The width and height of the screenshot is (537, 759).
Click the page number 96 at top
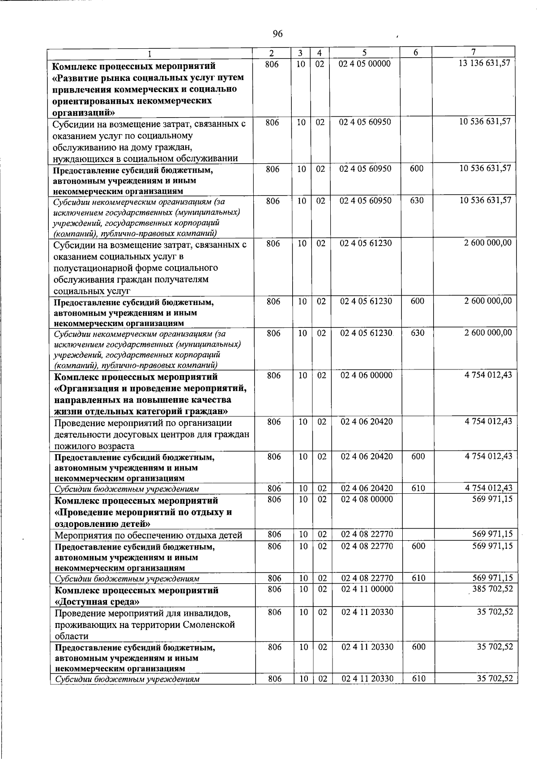click(x=277, y=34)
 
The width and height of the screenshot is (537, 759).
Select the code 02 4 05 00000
click(x=365, y=64)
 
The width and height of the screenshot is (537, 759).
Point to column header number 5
click(x=365, y=52)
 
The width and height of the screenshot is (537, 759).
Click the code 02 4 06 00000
click(x=367, y=376)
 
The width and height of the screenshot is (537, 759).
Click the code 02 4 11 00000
click(x=367, y=589)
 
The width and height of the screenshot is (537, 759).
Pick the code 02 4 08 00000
click(x=367, y=499)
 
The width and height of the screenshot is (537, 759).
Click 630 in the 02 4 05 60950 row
click(x=417, y=201)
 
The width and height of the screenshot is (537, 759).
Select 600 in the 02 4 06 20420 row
click(x=418, y=457)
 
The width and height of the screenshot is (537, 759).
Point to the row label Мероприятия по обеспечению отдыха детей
click(x=148, y=535)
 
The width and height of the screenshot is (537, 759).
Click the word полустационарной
click(x=91, y=268)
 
